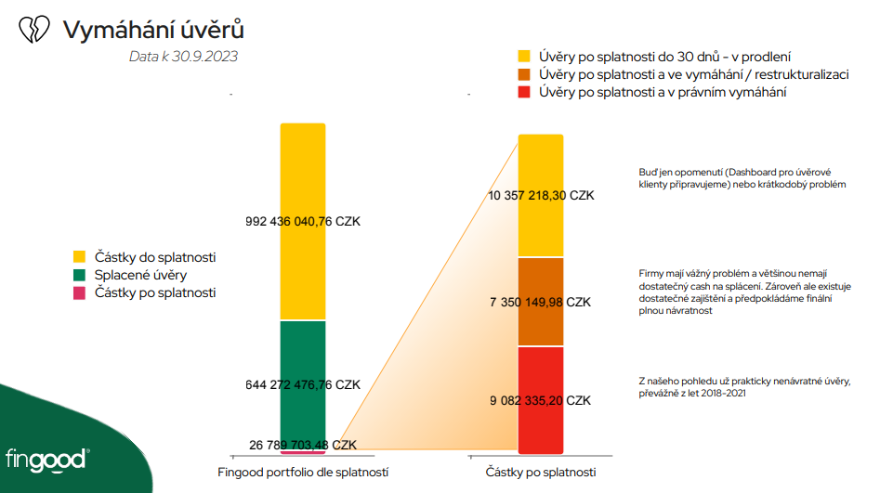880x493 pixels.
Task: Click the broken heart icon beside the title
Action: point(34,30)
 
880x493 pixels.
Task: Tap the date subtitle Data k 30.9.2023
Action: point(183,57)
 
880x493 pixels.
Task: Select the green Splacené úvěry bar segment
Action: point(303,353)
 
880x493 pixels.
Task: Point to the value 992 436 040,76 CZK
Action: point(303,222)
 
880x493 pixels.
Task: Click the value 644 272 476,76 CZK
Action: point(303,384)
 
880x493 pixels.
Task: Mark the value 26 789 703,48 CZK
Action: point(303,446)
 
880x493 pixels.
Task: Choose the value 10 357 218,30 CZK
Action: point(541,196)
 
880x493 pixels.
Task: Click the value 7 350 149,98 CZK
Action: point(541,303)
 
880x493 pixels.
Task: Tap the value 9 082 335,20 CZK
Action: point(541,401)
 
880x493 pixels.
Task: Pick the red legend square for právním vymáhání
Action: point(524,92)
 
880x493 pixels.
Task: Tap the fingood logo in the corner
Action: point(47,459)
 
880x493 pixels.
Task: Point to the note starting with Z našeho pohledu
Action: point(743,387)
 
